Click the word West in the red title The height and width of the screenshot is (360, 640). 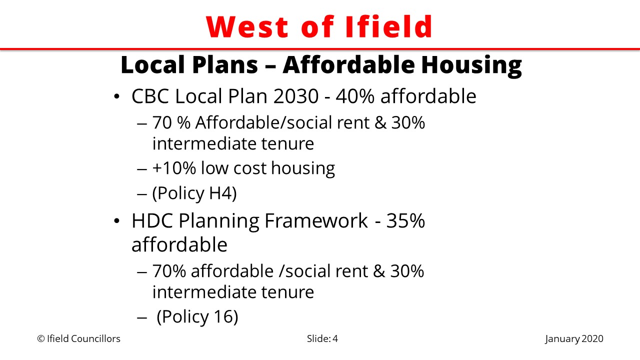(247, 26)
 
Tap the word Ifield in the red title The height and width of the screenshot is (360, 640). (388, 26)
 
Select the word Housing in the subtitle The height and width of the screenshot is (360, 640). (471, 65)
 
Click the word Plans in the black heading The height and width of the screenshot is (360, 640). (225, 64)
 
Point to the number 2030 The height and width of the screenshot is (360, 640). (295, 96)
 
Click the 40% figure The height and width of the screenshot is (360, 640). (355, 96)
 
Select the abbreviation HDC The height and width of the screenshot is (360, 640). (152, 220)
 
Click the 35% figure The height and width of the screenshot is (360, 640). (405, 220)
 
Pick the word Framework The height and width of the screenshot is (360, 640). (316, 220)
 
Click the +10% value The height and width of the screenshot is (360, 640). (174, 167)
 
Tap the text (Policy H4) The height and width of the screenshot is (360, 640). (194, 193)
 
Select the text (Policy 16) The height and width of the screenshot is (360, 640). (197, 316)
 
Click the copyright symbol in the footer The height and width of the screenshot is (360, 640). (41, 339)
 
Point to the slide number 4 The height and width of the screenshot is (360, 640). (335, 339)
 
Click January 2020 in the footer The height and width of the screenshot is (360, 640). (574, 339)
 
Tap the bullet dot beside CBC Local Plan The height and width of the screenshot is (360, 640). (116, 96)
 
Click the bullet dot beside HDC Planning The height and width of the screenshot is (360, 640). (116, 221)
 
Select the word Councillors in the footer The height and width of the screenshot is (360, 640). (95, 339)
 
